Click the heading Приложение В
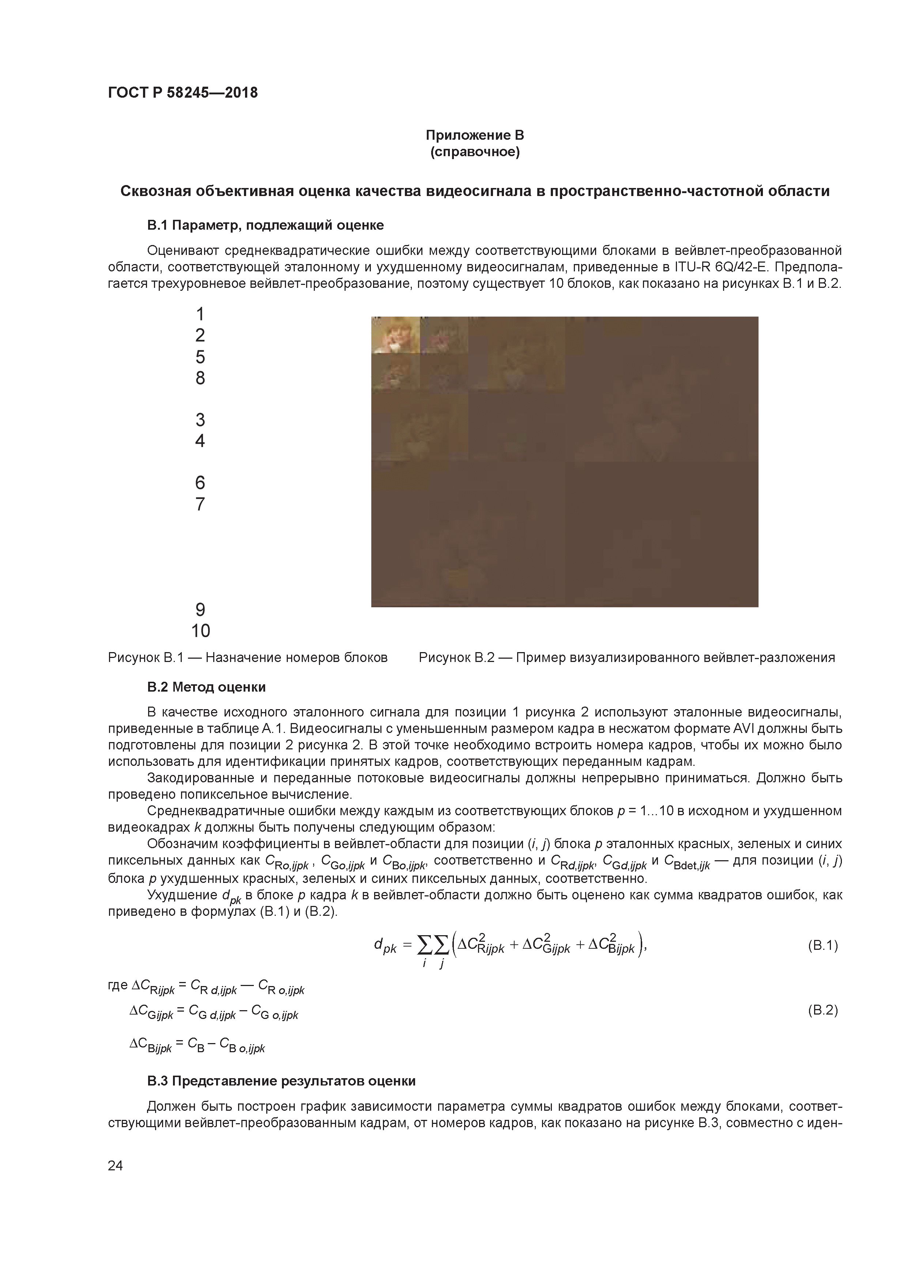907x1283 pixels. [x=474, y=135]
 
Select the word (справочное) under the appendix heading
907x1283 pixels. [x=474, y=153]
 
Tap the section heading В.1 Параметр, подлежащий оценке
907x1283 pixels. [x=266, y=225]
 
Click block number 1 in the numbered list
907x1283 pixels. [x=200, y=314]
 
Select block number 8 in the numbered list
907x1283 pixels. [x=200, y=378]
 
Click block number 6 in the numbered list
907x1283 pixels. [x=200, y=482]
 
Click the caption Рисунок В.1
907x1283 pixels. [x=248, y=658]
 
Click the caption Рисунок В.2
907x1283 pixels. [x=626, y=658]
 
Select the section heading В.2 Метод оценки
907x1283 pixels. [x=206, y=687]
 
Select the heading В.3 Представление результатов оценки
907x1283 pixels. [x=281, y=1081]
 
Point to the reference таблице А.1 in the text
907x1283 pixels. [x=264, y=729]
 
